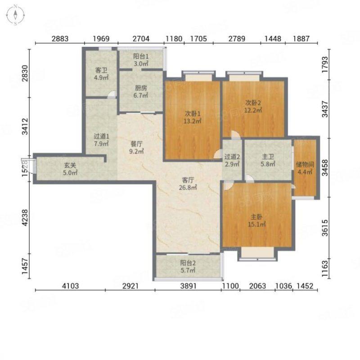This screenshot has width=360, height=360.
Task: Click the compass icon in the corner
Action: coord(15,15)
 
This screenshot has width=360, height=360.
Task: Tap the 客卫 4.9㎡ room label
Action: coord(101,74)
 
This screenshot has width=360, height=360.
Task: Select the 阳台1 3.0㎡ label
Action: coord(141,60)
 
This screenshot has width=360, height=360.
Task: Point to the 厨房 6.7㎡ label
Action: coord(141,91)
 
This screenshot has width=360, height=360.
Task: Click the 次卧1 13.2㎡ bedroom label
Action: coord(193,117)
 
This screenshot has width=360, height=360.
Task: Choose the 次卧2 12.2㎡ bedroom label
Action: coord(253,106)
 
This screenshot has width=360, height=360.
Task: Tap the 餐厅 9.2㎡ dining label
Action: coord(136,148)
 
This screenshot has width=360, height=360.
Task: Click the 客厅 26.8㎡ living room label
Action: coord(188,184)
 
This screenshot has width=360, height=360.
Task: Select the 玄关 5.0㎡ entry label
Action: coord(70,169)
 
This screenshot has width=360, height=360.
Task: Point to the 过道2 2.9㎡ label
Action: coord(232,161)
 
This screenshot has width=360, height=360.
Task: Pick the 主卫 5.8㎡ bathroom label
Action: coord(268,160)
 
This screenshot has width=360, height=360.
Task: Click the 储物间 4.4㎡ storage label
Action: coord(305,168)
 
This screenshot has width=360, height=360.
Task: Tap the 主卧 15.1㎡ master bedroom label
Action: coord(256,220)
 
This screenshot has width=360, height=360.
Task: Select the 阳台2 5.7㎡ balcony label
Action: coord(188,266)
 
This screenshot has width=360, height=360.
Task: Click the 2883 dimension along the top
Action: coord(60,39)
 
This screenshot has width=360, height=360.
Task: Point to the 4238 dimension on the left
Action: coord(25,217)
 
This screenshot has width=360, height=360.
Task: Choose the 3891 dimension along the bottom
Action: coord(188,286)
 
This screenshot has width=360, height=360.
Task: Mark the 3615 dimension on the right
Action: coord(325,228)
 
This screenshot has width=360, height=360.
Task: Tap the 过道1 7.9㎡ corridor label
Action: coord(101,140)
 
